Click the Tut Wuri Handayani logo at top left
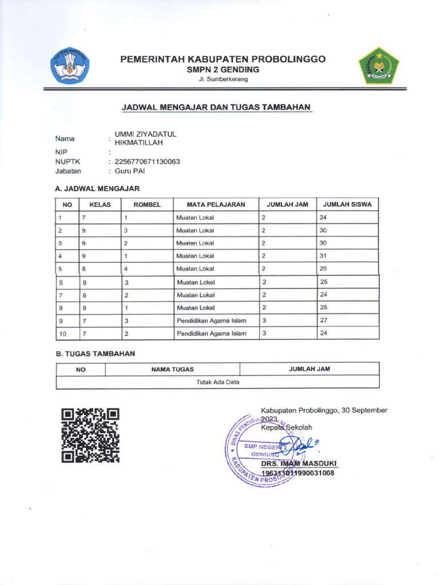70,66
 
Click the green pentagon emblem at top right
378,66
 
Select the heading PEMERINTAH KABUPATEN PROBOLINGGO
223,59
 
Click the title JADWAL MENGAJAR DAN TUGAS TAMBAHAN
216,107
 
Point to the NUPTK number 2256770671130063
147,162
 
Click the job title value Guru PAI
130,171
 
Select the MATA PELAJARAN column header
216,204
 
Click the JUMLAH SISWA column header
348,204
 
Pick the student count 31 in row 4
323,256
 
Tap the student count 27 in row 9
323,320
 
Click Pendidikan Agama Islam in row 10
211,334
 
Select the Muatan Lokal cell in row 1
195,218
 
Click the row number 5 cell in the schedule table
60,269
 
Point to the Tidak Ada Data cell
218,382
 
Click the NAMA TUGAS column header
173,370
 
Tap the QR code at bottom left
90,435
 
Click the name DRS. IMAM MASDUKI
299,463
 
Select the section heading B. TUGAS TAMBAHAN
95,354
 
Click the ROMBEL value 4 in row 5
126,269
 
